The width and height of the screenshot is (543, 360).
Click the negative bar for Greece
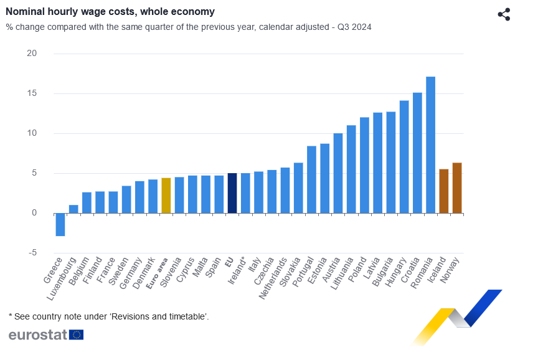pos(60,224)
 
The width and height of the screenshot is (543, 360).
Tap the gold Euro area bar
pos(166,196)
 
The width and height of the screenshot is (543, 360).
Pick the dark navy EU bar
pos(232,193)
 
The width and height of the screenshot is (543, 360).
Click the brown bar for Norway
pos(457,188)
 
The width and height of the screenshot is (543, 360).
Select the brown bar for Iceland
pos(444,191)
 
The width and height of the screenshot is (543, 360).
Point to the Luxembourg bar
pos(73,209)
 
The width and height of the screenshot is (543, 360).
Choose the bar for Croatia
pos(417,153)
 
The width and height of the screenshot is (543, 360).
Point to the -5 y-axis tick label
pos(32,253)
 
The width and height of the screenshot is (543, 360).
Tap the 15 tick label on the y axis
pos(32,93)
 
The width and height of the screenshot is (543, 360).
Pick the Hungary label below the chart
pos(397,271)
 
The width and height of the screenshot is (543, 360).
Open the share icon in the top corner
pos(504,15)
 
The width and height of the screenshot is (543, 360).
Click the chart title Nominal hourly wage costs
pos(110,12)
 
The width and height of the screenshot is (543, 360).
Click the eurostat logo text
pos(37,334)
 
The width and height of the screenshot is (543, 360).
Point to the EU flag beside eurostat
pos(77,334)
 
